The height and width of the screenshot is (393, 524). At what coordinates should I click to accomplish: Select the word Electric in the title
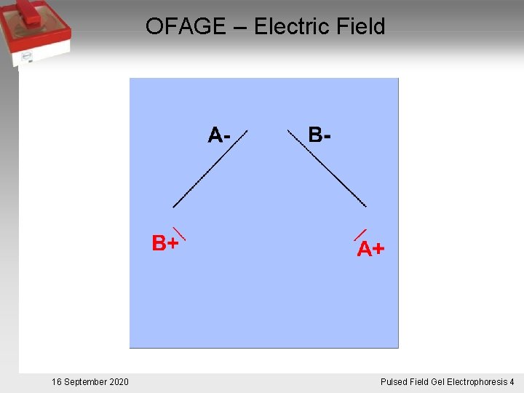click(x=292, y=27)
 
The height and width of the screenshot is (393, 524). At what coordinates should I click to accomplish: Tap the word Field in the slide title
click(x=360, y=27)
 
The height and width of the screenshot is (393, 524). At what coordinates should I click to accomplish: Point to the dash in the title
click(x=241, y=28)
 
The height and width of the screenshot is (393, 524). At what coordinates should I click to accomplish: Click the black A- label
click(x=219, y=135)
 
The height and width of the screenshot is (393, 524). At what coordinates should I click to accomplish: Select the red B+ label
click(x=165, y=243)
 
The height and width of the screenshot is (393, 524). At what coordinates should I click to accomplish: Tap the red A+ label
click(x=370, y=250)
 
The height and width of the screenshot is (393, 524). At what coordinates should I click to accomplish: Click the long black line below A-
click(x=210, y=170)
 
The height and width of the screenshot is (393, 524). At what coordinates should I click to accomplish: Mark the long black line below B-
click(x=327, y=168)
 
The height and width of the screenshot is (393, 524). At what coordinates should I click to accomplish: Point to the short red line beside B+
click(x=179, y=234)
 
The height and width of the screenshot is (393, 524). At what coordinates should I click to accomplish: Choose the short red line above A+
click(x=360, y=234)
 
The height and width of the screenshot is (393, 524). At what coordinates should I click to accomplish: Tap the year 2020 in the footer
click(x=119, y=382)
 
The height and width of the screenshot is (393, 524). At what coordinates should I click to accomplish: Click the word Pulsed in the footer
click(x=395, y=382)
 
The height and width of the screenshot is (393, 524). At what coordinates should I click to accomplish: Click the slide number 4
click(x=512, y=382)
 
